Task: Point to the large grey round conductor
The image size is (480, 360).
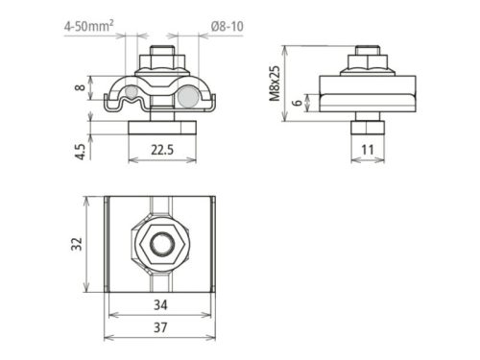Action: pyautogui.click(x=188, y=98)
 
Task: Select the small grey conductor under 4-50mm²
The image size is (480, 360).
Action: pyautogui.click(x=129, y=94)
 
